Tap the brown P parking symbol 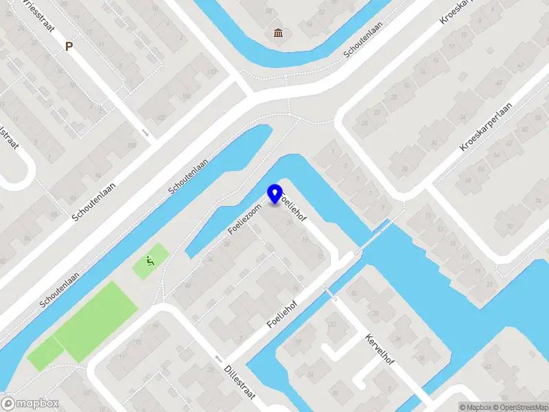[x=68, y=47]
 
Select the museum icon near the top [x=278, y=34]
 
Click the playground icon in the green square [x=149, y=261]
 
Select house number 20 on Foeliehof [x=289, y=222]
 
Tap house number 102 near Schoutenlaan [x=161, y=117]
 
